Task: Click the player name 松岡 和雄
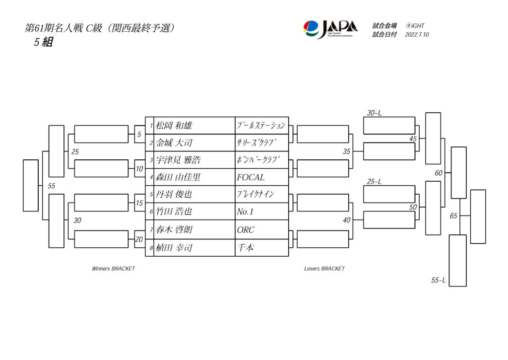click(174, 126)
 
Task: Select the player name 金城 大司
click(174, 143)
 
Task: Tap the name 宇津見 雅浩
click(178, 160)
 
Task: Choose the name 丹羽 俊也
click(174, 195)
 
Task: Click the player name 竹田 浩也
click(174, 212)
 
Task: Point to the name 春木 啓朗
click(174, 230)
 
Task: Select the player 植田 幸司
click(174, 247)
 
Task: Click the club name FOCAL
click(251, 177)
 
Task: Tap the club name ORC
click(246, 230)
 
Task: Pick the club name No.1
click(245, 212)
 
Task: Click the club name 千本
click(245, 247)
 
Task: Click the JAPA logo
click(330, 29)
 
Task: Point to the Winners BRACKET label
click(113, 269)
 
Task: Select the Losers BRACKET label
click(324, 269)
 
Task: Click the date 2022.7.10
click(417, 35)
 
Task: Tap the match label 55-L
click(438, 281)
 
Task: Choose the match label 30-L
click(374, 113)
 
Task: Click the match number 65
click(453, 216)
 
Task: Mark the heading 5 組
click(43, 42)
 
